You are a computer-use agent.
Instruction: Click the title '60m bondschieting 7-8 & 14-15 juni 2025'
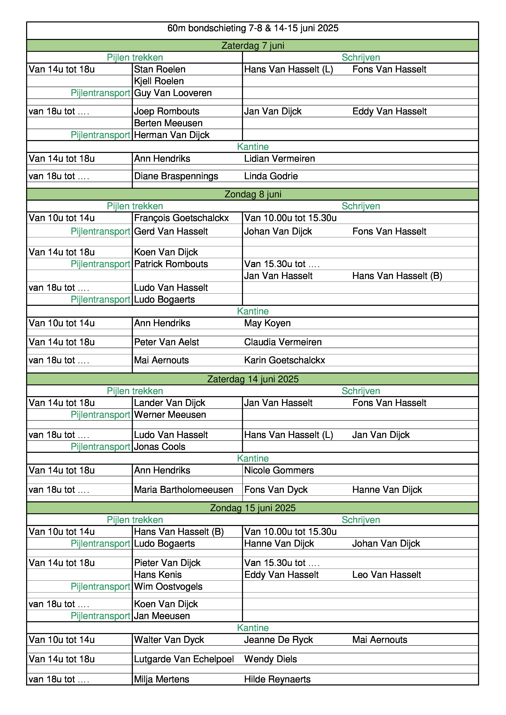pos(253,28)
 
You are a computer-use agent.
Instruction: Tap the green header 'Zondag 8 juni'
pos(253,194)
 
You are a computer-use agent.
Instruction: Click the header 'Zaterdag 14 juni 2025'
pos(253,379)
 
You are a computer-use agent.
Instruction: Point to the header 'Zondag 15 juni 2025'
pos(253,508)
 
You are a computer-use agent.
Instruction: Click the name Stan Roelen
pos(160,69)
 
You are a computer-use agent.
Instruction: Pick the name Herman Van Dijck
pos(172,135)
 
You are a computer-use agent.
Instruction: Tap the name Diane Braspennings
pos(176,176)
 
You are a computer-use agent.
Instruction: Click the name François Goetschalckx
pos(181,218)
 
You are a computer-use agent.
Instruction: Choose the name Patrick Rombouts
pos(171,264)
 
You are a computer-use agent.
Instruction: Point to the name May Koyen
pos(267,323)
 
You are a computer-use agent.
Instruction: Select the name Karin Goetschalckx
pos(284,360)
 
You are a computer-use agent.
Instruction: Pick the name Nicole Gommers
pos(279,470)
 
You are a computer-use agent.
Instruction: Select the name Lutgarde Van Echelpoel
pos(184,659)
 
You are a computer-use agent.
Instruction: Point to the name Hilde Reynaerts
pos(277,679)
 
